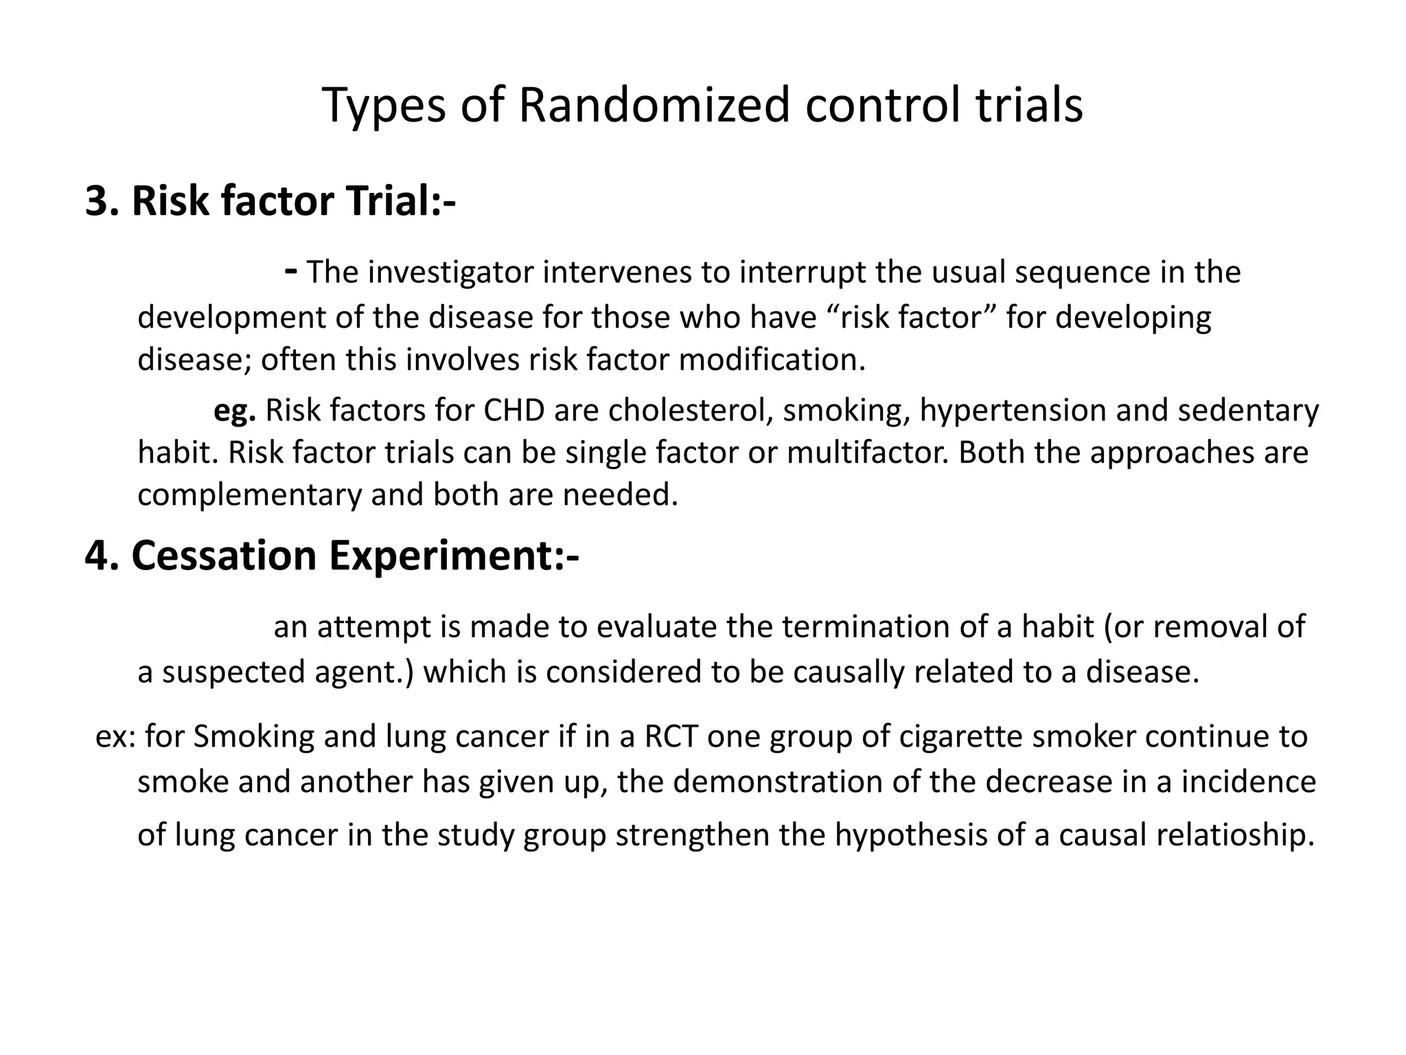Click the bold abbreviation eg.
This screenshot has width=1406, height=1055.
click(235, 411)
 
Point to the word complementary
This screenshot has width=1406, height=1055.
click(249, 495)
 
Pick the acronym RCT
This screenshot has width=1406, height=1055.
click(671, 736)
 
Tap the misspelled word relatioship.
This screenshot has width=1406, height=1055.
click(1234, 835)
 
